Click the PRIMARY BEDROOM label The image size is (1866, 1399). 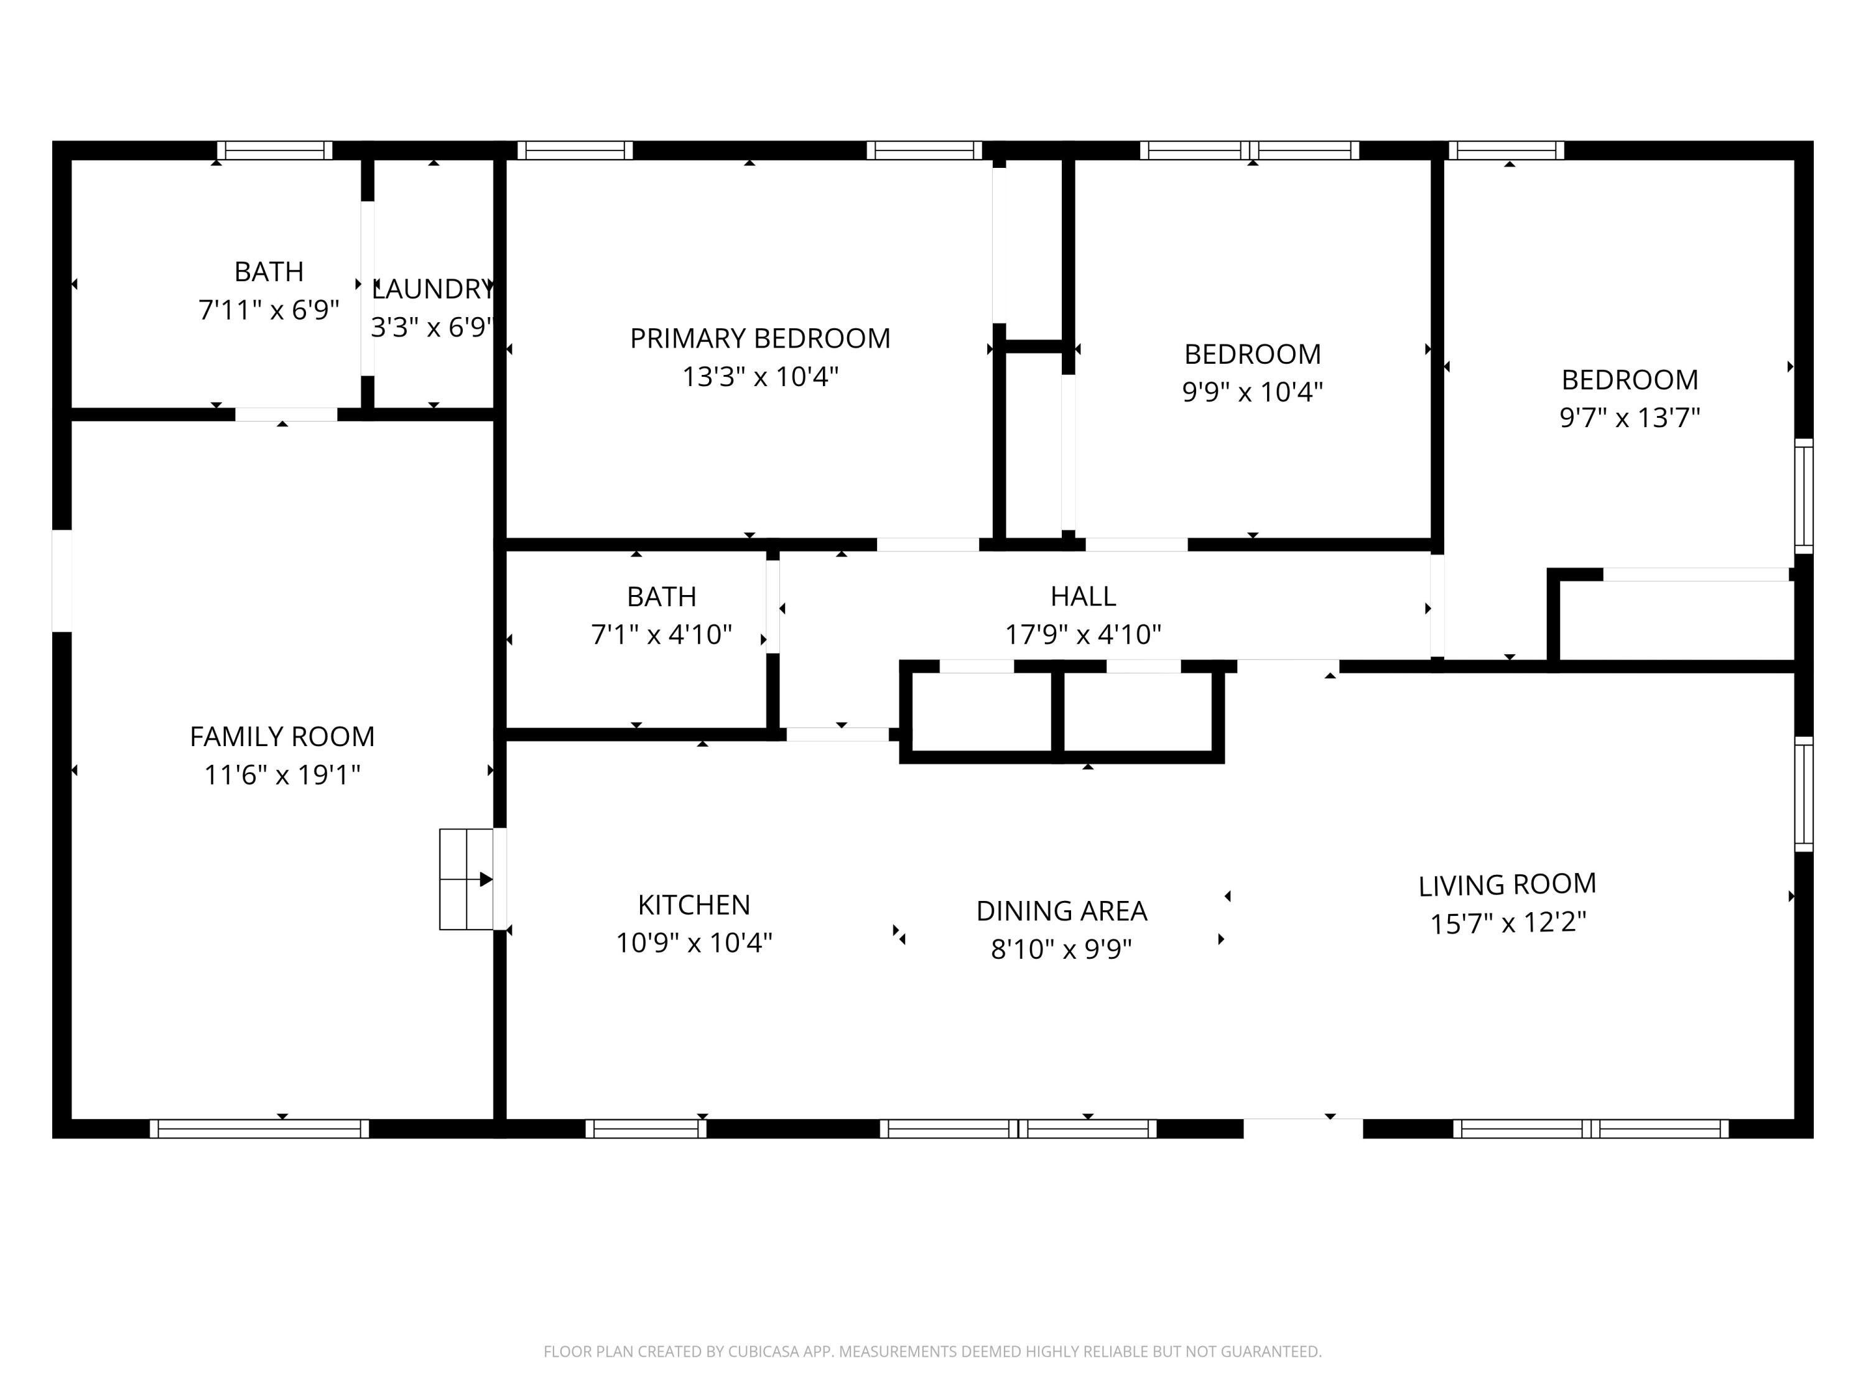pos(759,338)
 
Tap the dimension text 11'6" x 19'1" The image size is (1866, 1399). pos(282,774)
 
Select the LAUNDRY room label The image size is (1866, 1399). pos(432,289)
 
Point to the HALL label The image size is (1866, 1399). pos(1082,596)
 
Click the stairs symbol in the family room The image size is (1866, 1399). pos(466,879)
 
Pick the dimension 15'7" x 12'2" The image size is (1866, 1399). pos(1508,923)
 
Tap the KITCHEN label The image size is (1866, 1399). pos(694,905)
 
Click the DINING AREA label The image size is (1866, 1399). pos(1061,911)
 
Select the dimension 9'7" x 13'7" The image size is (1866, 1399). pos(1629,417)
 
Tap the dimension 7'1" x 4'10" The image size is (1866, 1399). pos(661,634)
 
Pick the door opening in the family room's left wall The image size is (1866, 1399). pos(62,580)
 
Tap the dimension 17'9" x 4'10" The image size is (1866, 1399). pos(1082,634)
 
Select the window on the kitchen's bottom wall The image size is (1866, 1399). pos(646,1129)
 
